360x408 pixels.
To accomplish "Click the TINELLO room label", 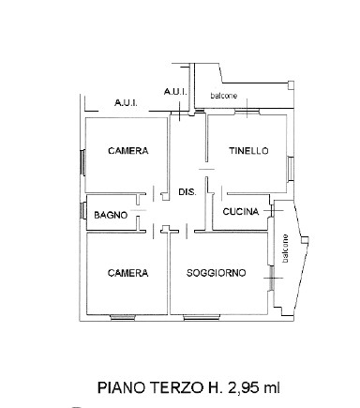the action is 248,151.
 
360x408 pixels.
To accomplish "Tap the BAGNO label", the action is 111,215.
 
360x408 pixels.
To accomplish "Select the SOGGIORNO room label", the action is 217,273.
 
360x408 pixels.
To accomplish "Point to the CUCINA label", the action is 241,212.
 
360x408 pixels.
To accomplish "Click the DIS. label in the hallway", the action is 187,192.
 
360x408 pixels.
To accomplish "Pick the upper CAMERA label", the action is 128,151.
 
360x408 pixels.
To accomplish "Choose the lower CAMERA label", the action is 127,273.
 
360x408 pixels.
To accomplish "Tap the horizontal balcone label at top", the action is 224,96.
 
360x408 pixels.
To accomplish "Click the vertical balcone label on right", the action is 285,249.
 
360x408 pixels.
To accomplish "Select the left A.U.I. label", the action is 126,103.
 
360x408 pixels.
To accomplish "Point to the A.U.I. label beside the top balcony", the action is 175,92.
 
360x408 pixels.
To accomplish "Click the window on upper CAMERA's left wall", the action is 83,162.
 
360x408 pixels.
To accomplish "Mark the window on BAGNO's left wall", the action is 83,211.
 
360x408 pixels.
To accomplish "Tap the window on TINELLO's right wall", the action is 291,169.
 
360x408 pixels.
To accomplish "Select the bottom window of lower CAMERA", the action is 123,318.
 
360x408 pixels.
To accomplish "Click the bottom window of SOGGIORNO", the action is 201,318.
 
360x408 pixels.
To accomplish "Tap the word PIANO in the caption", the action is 123,388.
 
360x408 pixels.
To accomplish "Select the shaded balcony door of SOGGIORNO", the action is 271,279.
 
